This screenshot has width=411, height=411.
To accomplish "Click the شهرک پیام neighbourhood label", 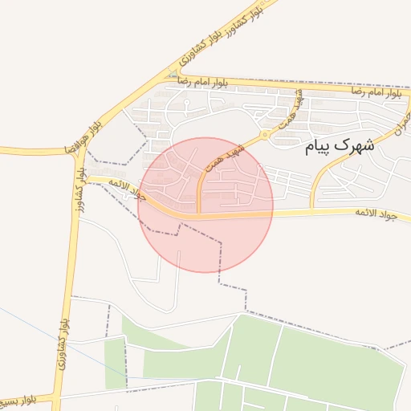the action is pos(340,148).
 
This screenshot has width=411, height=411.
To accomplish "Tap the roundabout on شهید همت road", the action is pos(265,134).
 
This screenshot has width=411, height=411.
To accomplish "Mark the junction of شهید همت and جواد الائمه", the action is pos(199,215).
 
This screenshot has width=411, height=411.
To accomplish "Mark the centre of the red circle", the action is pos(205,205).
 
